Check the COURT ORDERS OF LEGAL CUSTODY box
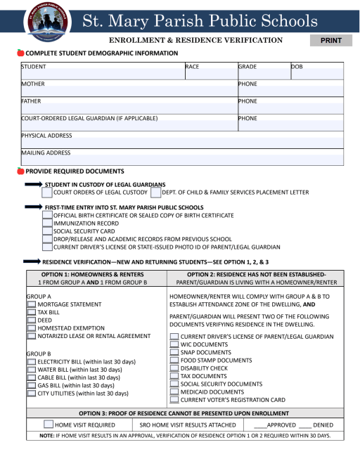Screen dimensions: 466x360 pos(47,193)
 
